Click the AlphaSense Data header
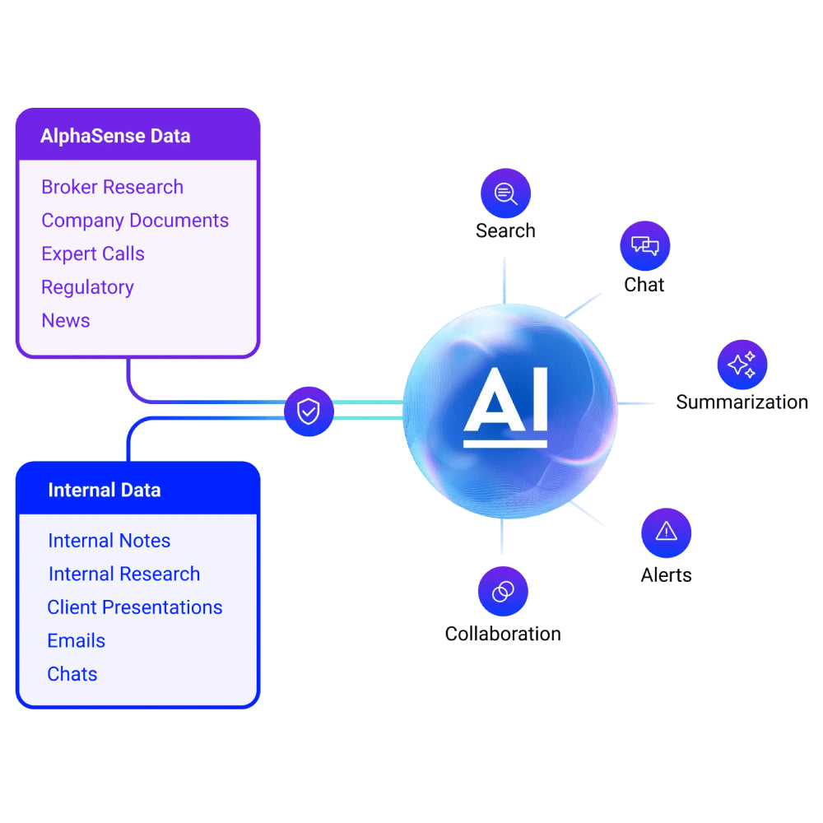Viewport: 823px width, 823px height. [115, 136]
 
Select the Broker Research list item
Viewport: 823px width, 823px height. [113, 188]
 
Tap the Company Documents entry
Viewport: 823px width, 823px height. [135, 221]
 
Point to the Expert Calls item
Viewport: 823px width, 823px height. [93, 254]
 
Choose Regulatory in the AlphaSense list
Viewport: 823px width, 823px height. [87, 287]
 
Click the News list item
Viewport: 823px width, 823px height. [66, 321]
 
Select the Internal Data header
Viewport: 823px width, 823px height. [105, 491]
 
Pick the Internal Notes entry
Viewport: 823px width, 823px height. [109, 541]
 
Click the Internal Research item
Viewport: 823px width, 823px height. [124, 574]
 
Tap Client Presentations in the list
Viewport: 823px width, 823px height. [135, 607]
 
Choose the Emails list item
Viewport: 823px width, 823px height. [77, 641]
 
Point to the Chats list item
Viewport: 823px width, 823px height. [72, 674]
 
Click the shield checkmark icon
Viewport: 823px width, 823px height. [309, 411]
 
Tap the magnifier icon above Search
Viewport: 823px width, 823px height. [505, 193]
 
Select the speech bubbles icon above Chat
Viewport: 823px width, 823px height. [644, 246]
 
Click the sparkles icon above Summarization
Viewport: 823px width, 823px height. [742, 365]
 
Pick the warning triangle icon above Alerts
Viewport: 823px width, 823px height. [666, 532]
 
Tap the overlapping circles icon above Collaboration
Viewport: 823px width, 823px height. [503, 591]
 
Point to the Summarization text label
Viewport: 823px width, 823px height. [742, 402]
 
